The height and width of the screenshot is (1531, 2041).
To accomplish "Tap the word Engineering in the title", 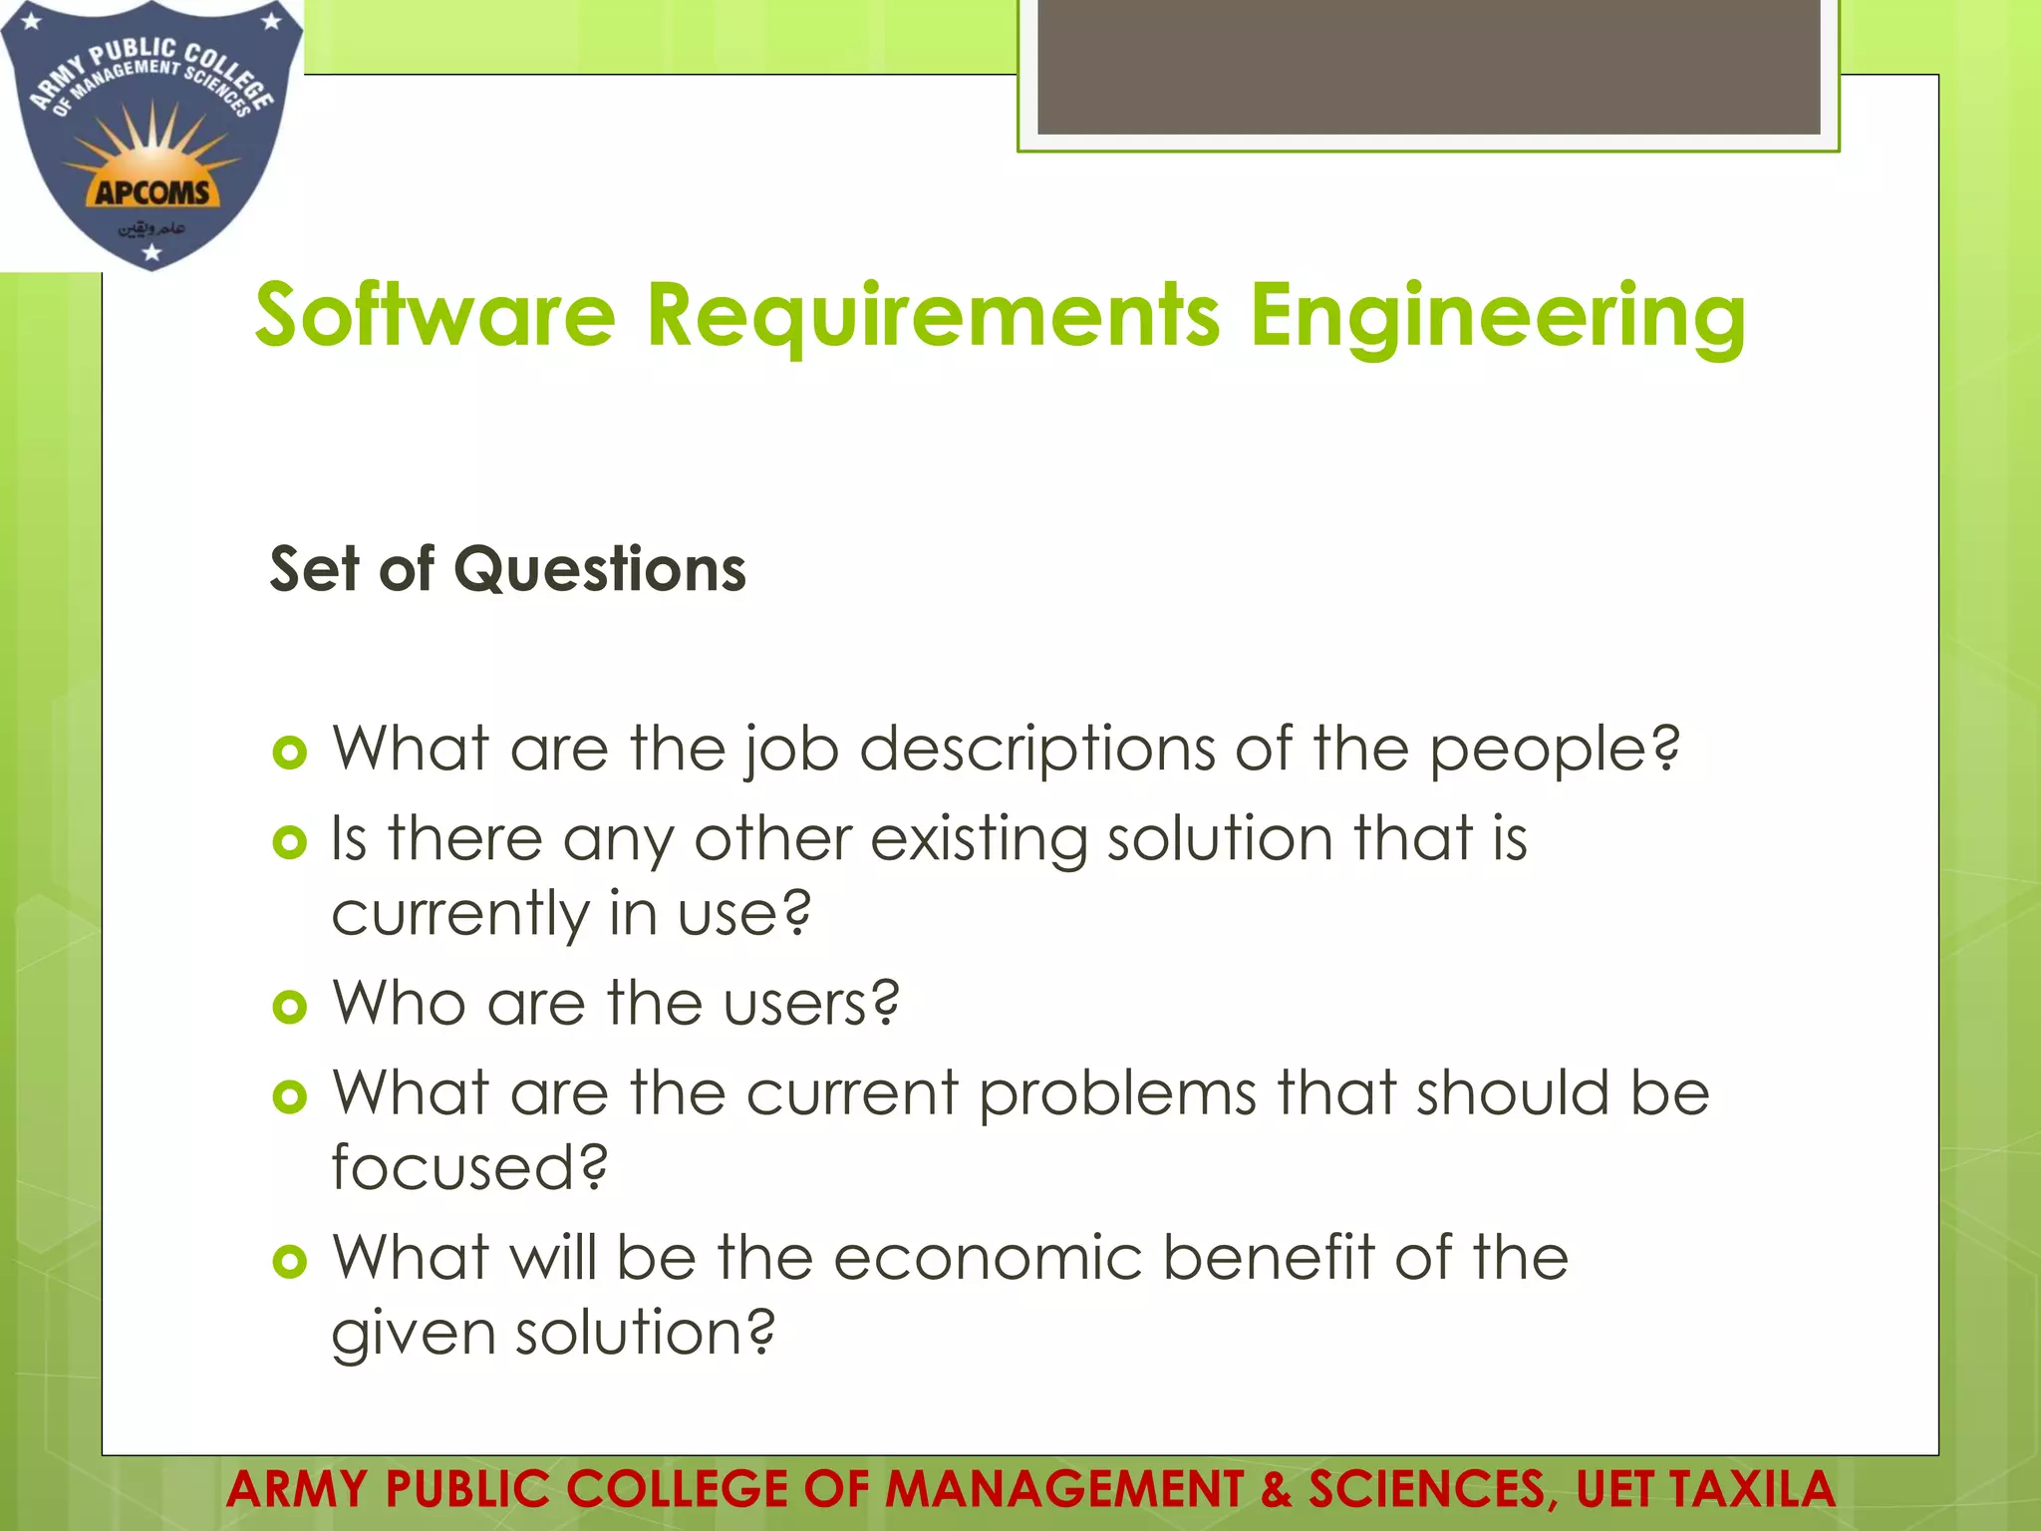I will click(x=1497, y=317).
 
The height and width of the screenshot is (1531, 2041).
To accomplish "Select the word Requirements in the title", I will click(x=933, y=317).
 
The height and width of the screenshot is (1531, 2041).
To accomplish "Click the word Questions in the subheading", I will click(x=600, y=570).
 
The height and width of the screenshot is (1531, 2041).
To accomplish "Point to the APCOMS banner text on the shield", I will click(x=152, y=192).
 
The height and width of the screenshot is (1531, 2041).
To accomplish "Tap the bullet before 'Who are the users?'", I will click(x=289, y=1007).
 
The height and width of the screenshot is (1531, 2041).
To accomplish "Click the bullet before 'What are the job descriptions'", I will click(x=289, y=753).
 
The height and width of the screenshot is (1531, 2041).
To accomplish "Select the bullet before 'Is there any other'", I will click(x=289, y=842).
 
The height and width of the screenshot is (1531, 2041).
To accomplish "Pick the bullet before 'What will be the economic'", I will click(x=289, y=1262).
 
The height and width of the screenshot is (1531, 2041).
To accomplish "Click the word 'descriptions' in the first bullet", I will click(x=1036, y=750).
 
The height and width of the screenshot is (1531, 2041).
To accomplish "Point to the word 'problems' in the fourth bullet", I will click(x=1117, y=1094).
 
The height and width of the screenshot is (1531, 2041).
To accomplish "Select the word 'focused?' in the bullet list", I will click(x=469, y=1167).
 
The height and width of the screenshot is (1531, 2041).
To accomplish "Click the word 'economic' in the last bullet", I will click(x=987, y=1258).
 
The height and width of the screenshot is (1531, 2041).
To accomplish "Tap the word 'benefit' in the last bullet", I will click(x=1268, y=1258).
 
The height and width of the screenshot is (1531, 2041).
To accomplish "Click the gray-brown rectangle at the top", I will click(x=1428, y=66).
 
